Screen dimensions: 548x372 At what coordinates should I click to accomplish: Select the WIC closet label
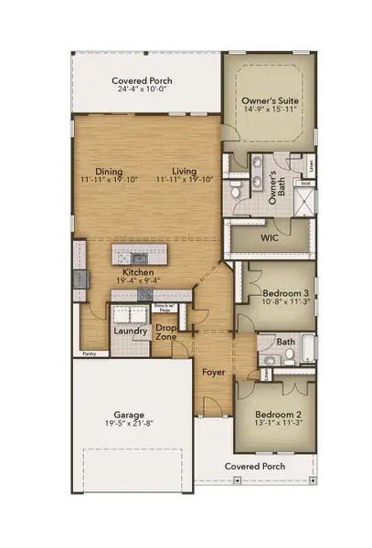coord(269,237)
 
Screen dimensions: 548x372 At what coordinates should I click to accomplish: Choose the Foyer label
coord(214,373)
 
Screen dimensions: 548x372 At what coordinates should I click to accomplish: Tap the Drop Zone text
coord(165,332)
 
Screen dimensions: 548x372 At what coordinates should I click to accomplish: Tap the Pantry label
coord(90,351)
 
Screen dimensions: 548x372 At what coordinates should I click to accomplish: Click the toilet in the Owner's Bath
coord(237,192)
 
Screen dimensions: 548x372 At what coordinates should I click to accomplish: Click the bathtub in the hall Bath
coord(306,351)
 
